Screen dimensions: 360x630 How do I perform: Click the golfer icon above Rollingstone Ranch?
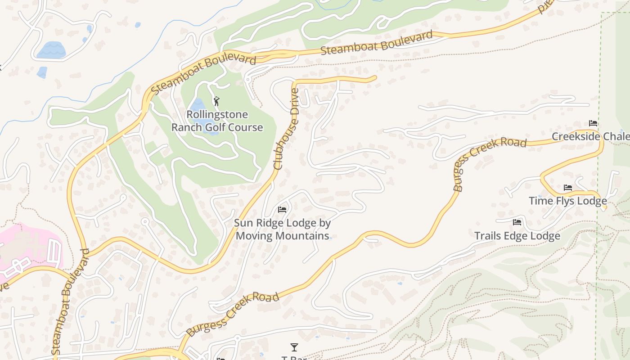coord(216,101)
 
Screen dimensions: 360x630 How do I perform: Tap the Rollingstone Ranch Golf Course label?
coord(217,121)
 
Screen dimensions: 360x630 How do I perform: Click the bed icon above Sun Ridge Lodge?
coord(282,210)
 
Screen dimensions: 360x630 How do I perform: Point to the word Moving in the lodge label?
coord(260,236)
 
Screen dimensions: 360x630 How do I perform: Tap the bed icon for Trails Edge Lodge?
coord(517,222)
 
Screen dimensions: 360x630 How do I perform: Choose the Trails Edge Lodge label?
coord(517,236)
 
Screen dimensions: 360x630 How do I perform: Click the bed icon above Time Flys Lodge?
coord(568,188)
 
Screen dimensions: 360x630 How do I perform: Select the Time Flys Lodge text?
coord(567,201)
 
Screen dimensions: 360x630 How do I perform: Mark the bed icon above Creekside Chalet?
coord(593,123)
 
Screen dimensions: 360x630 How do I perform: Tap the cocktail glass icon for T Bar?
coord(294,347)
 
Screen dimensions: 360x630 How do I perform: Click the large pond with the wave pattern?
coord(51,50)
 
